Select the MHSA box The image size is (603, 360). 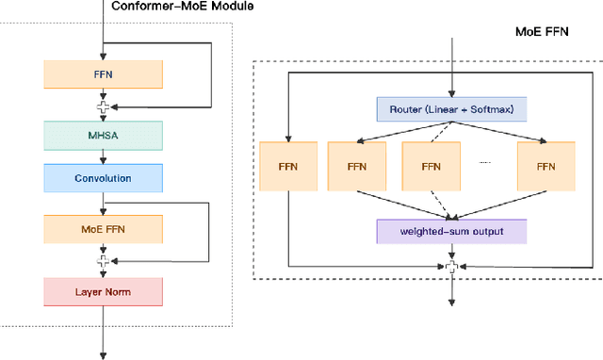(x=103, y=135)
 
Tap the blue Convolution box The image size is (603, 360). (x=103, y=177)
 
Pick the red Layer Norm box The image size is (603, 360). (x=103, y=291)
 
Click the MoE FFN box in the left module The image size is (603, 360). (x=103, y=229)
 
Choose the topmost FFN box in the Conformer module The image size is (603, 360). (x=103, y=74)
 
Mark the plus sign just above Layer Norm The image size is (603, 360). (x=103, y=261)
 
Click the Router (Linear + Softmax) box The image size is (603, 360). (x=451, y=110)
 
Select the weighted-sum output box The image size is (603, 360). (x=451, y=231)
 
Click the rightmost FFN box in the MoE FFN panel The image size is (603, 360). (x=545, y=167)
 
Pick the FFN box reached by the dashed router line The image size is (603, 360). (x=432, y=167)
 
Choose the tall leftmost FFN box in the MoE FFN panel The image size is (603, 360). (x=286, y=167)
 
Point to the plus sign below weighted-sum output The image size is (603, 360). (x=451, y=268)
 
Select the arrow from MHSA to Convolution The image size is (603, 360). (x=103, y=156)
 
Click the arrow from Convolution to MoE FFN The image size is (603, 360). (x=103, y=203)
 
